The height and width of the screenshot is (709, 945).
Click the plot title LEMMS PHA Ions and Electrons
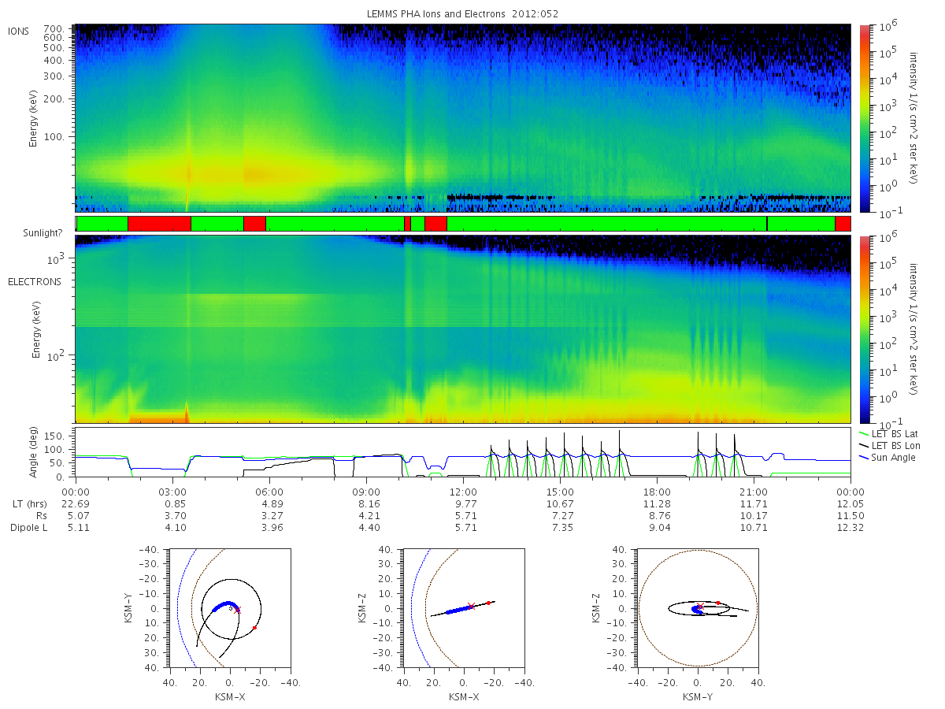tap(435, 13)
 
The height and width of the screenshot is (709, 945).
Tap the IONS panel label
tap(18, 32)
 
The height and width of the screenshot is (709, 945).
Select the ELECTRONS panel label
tap(35, 282)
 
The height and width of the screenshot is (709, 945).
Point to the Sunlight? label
tap(43, 233)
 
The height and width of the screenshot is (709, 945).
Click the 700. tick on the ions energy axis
tap(54, 29)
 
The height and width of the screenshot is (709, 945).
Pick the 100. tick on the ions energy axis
tap(54, 137)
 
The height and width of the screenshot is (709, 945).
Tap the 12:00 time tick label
tap(463, 492)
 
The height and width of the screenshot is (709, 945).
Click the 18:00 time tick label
tap(657, 492)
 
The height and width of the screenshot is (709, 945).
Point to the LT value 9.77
tap(466, 504)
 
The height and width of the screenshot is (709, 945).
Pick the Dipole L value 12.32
tap(850, 528)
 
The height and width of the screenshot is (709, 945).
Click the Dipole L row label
tap(29, 528)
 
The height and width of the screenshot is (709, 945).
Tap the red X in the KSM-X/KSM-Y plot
tap(237, 610)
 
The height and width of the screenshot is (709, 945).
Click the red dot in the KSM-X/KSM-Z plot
tap(488, 603)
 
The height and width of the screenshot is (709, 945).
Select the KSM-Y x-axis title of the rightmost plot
tap(698, 697)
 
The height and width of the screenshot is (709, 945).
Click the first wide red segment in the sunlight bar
tap(159, 224)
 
